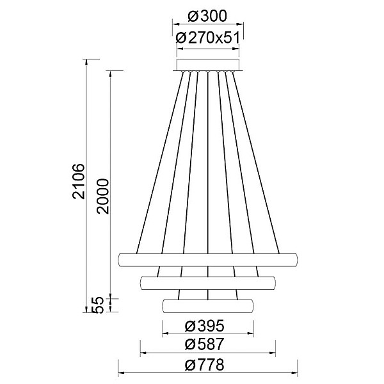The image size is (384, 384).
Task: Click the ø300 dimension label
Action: [x=207, y=17]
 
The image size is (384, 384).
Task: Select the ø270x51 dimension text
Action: [x=207, y=38]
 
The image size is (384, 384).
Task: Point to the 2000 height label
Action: [x=102, y=196]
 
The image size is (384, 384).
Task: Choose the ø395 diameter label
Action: [x=205, y=326]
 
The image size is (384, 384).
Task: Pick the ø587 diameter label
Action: [x=205, y=344]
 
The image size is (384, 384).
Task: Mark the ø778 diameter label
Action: [x=205, y=365]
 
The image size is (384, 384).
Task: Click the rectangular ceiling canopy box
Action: [x=208, y=65]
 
